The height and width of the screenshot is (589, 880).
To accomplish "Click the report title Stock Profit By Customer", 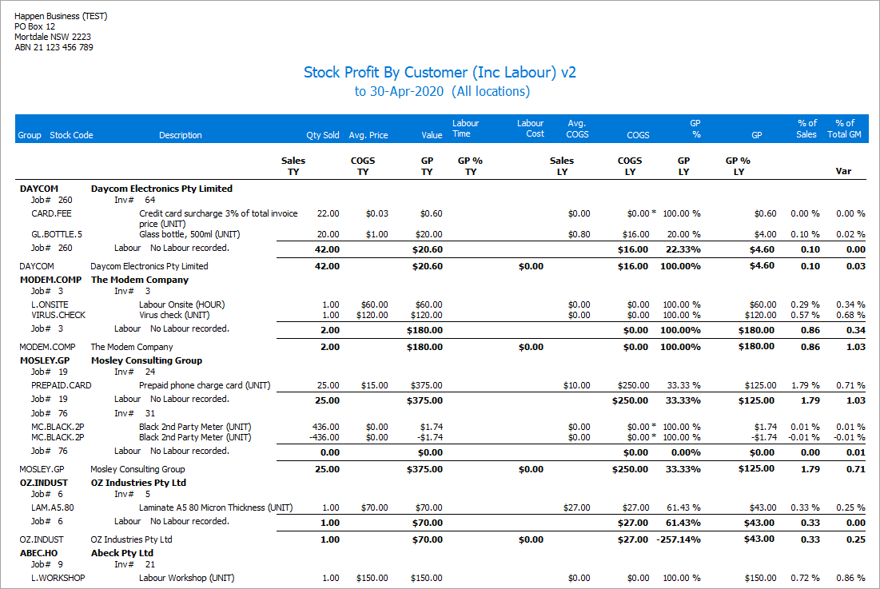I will (x=440, y=72).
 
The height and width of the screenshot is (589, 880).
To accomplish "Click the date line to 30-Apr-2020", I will (x=441, y=91).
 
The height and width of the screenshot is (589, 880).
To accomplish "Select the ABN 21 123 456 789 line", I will (x=54, y=47).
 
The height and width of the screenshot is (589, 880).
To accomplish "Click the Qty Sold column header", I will (x=323, y=135).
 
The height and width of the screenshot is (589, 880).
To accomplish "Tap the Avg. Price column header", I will (x=368, y=135).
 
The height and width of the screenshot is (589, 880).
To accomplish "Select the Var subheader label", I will (x=843, y=171).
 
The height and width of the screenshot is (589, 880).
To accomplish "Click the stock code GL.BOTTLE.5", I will (x=57, y=234).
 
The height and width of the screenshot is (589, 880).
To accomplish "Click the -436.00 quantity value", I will (x=324, y=437).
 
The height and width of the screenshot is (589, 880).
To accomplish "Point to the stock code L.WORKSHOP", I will (x=58, y=578).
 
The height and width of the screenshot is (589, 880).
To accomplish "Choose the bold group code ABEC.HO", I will (x=38, y=552).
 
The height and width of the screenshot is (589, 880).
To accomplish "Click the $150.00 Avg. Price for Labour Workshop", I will (x=372, y=578).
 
